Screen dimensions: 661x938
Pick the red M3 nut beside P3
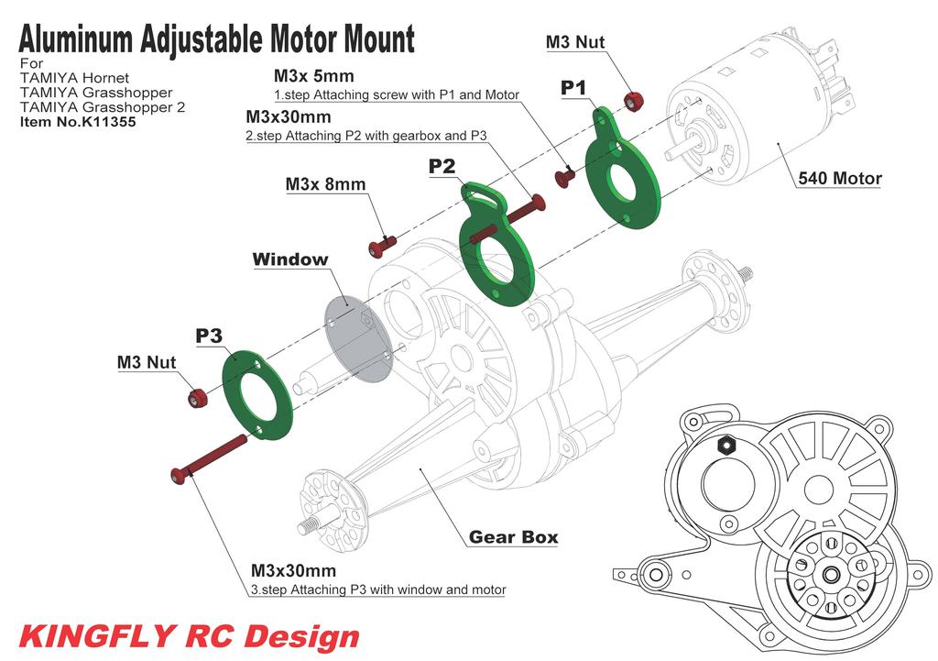pyautogui.click(x=197, y=397)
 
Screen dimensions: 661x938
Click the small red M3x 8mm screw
pyautogui.click(x=381, y=246)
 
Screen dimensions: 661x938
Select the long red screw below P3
pyautogui.click(x=210, y=457)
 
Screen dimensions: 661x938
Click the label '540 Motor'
pyautogui.click(x=839, y=179)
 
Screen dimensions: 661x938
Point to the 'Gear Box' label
pyautogui.click(x=513, y=537)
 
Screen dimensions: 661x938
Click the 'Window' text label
pyautogui.click(x=289, y=259)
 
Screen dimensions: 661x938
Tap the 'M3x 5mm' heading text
pyautogui.click(x=313, y=76)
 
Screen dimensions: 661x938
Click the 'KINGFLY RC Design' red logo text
pyautogui.click(x=189, y=635)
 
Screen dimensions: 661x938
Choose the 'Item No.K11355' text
pyautogui.click(x=78, y=121)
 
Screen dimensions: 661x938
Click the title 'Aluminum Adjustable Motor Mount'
pyautogui.click(x=216, y=40)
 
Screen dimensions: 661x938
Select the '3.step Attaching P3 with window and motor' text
pyautogui.click(x=377, y=589)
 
